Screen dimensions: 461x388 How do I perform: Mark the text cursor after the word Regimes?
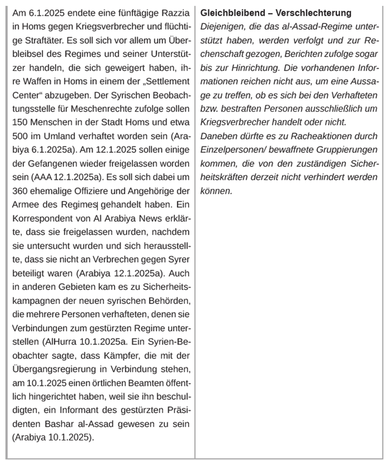[x=98, y=204]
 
